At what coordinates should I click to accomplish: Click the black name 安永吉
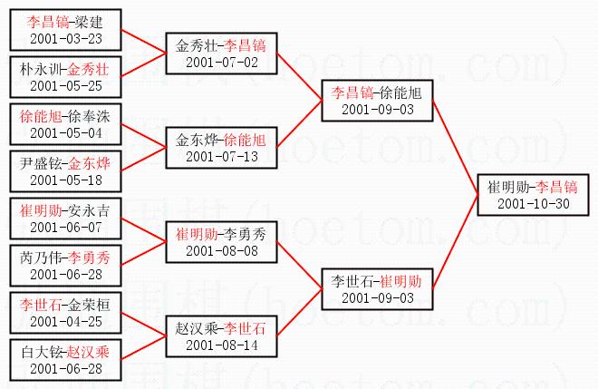click(90, 211)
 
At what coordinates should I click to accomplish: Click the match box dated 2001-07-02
click(221, 53)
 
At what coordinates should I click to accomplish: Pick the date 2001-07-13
click(221, 157)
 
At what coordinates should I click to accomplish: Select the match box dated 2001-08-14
click(221, 336)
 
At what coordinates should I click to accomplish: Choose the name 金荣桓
click(90, 305)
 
